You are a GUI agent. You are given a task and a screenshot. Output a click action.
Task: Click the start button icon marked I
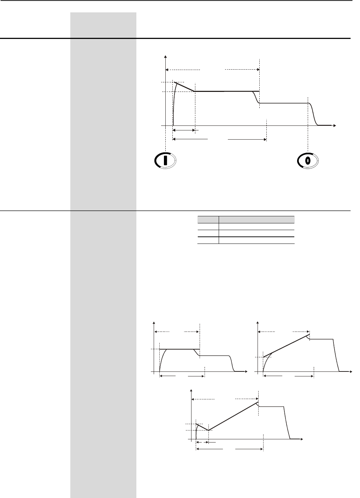[x=165, y=160]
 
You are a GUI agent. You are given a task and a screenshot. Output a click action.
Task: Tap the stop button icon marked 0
[x=308, y=160]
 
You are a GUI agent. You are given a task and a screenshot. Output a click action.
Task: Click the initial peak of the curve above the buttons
[x=176, y=82]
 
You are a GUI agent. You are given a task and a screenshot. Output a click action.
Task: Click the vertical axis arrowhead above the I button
[x=165, y=57]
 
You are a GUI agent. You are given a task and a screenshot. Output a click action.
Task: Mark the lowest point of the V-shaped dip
[x=208, y=430]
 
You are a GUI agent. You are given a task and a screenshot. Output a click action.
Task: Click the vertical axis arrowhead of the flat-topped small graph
[x=154, y=322]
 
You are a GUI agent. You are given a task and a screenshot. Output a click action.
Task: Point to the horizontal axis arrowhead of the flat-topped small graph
[x=246, y=371]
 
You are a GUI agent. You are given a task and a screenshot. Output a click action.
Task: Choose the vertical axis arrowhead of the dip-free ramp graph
[x=258, y=322]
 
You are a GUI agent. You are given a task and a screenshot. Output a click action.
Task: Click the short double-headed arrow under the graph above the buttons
[x=184, y=130]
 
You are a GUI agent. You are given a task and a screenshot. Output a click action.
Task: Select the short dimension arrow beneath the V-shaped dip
[x=202, y=442]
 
